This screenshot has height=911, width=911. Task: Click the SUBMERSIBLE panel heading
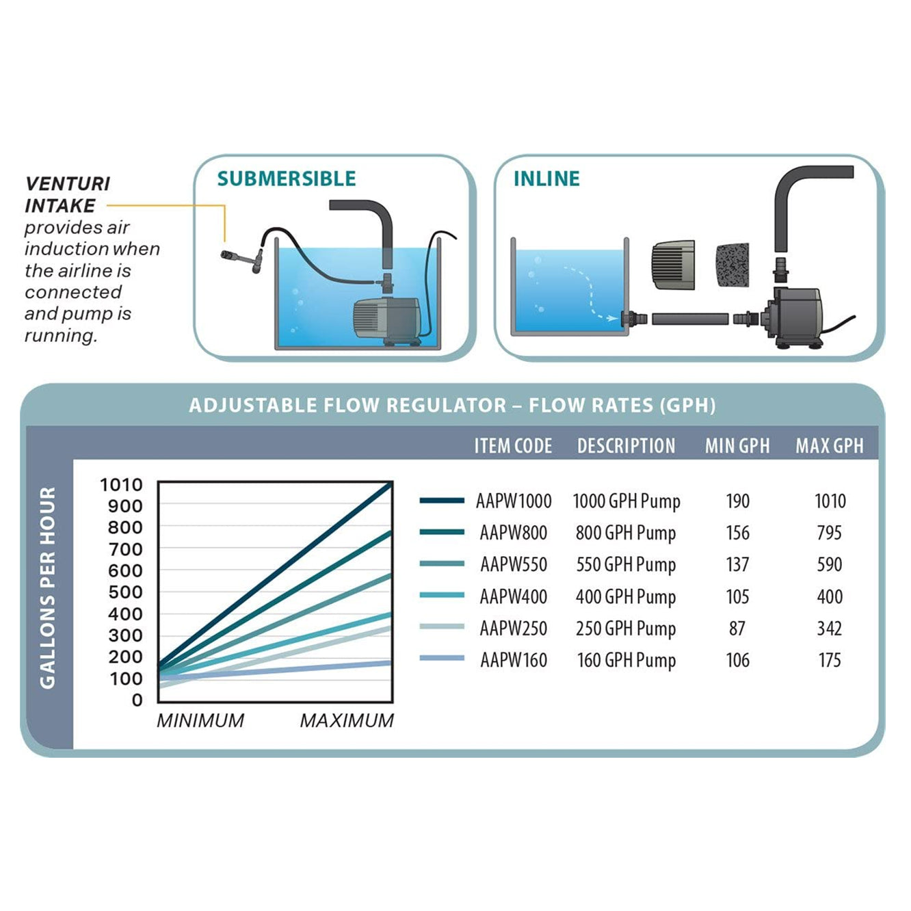[x=287, y=179]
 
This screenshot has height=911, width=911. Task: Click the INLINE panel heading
[x=546, y=179]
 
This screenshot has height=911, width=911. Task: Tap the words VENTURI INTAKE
[x=67, y=194]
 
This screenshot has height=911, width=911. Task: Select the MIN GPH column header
[x=737, y=446]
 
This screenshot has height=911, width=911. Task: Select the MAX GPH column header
[x=829, y=446]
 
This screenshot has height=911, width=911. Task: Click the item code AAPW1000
[x=514, y=501]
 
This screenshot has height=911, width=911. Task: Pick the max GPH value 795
[x=829, y=533]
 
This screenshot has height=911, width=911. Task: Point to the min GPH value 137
[x=737, y=565]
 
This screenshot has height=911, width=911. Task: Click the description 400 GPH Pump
[x=626, y=597]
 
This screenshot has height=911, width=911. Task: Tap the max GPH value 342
[x=829, y=629]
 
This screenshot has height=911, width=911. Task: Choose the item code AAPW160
[x=514, y=661]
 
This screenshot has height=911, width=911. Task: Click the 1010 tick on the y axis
[x=121, y=485]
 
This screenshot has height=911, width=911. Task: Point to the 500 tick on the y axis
[x=125, y=592]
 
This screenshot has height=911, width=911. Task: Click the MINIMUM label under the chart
[x=200, y=721]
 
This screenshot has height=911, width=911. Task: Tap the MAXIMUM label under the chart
[x=347, y=721]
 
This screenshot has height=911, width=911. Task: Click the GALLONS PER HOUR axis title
[x=47, y=587]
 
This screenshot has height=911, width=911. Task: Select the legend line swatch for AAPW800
[x=442, y=532]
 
